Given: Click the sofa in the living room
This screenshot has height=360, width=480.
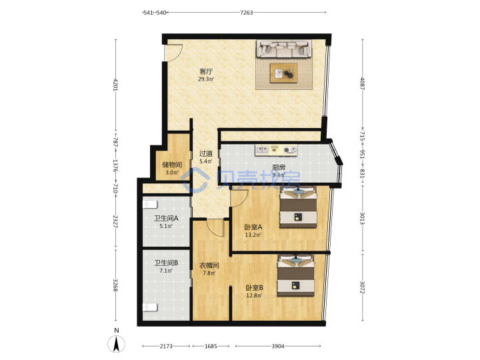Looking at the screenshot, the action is point(284,49).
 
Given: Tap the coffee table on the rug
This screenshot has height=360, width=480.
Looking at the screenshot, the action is point(283,73).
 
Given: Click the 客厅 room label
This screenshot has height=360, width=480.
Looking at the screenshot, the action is point(206,71).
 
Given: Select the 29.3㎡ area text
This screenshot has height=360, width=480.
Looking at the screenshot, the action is point(206,79).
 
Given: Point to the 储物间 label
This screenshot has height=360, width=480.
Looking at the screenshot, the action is point(172,165).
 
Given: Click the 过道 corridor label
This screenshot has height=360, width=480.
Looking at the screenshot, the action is point(206,153).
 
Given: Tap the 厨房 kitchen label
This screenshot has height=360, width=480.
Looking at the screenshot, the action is point(279,167).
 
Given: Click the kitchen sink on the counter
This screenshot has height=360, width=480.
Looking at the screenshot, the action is point(262,150).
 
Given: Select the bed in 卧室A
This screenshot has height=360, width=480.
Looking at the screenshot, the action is point(298,207).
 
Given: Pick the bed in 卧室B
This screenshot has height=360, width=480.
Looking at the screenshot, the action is point(296,275).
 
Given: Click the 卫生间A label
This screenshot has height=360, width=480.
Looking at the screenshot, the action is point(166,219).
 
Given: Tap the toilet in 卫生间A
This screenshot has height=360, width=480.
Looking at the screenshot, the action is point(150,204).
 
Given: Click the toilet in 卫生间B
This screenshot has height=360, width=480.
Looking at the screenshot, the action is point(150,307).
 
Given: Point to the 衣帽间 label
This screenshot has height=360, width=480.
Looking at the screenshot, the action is point(209,265).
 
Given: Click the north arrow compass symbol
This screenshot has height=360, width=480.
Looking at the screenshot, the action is point(116,343).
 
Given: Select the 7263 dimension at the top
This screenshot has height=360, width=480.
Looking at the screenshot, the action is point(247,13).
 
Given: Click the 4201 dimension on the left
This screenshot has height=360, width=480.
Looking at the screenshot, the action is point(116,85).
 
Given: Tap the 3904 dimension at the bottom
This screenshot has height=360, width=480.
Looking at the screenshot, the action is point(278,346).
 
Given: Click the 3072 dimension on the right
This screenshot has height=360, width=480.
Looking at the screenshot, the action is point(362,287).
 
